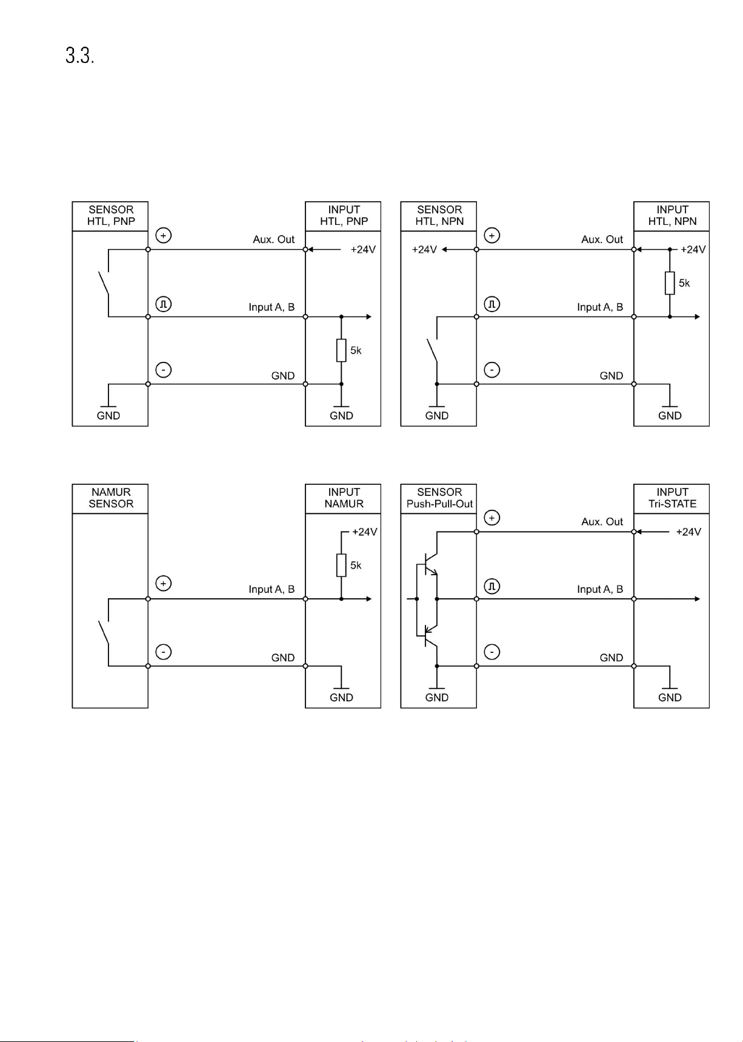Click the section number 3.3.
click(79, 56)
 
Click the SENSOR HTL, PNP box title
click(111, 215)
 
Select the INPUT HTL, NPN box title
click(672, 215)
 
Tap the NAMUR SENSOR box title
click(111, 498)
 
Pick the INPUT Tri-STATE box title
click(672, 498)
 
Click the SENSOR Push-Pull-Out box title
click(439, 498)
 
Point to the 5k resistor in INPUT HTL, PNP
click(341, 350)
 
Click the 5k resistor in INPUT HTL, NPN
click(670, 283)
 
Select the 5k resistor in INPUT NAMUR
click(341, 565)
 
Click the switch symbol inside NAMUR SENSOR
click(104, 632)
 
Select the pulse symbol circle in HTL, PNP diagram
click(164, 304)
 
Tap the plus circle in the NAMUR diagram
click(164, 584)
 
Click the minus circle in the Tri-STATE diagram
click(492, 652)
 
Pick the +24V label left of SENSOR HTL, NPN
click(424, 250)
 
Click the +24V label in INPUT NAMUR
click(364, 532)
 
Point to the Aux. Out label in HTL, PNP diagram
click(274, 239)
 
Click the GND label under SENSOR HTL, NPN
click(437, 416)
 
